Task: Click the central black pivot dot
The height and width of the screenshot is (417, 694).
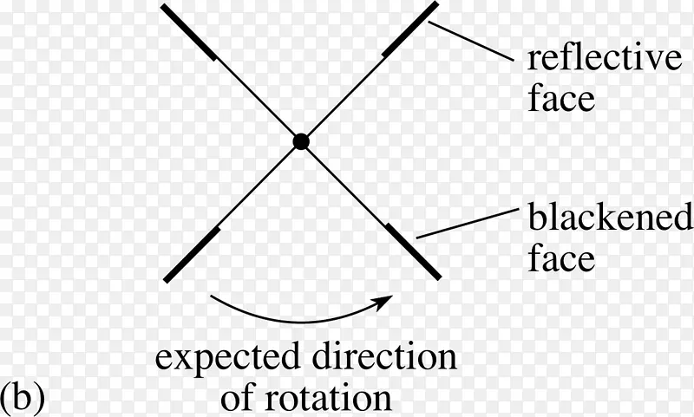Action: (x=300, y=141)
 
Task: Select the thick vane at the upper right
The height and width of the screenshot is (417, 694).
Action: (x=409, y=31)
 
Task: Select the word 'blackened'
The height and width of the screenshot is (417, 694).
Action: (x=610, y=218)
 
